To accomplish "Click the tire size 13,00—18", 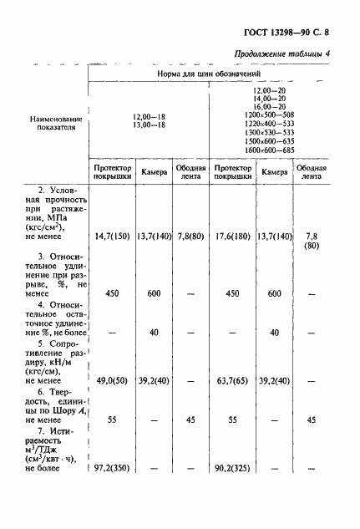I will [x=149, y=125].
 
